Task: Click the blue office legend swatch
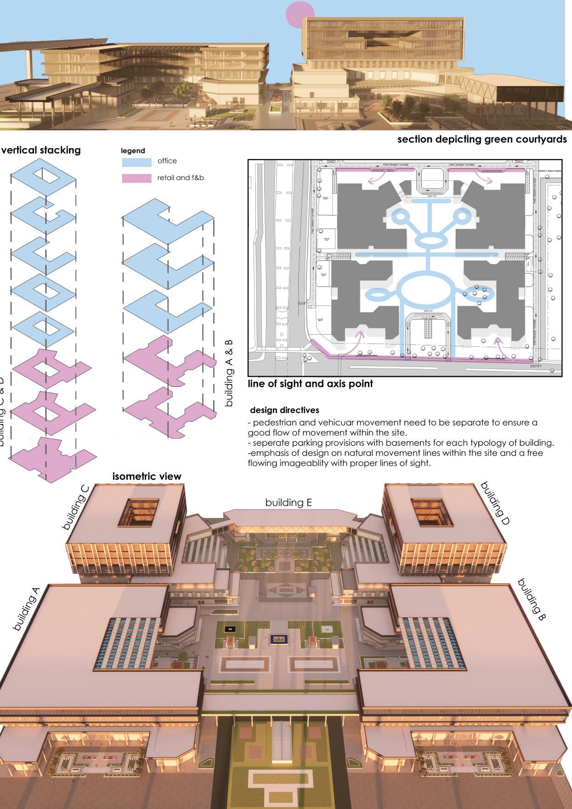tap(136, 162)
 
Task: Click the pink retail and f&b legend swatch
tap(136, 178)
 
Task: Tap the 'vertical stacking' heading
tap(41, 150)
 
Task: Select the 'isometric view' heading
tap(147, 476)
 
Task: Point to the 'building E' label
tap(289, 503)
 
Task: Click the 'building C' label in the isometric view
tap(75, 512)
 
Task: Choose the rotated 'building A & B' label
tap(229, 373)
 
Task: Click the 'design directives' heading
tap(284, 410)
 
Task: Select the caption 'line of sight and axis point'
tap(310, 384)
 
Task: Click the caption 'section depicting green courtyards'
tap(482, 139)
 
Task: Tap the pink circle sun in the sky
tap(300, 14)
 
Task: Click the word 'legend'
tap(133, 151)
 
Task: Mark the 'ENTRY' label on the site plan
tap(536, 366)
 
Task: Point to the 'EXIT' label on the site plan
tap(302, 304)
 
